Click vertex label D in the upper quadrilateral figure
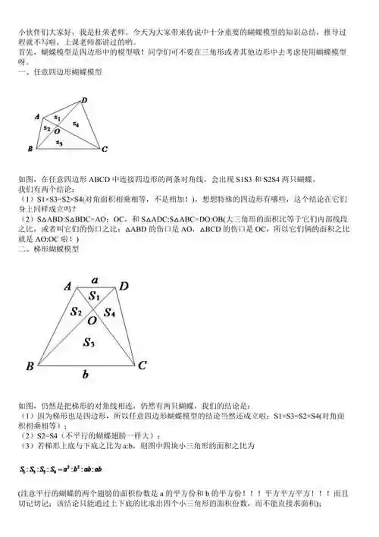[84, 100]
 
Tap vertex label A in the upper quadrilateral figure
[37, 116]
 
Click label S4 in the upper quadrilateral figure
[76, 123]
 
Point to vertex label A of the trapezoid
[67, 287]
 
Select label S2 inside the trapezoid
[76, 310]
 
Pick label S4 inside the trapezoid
[109, 311]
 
